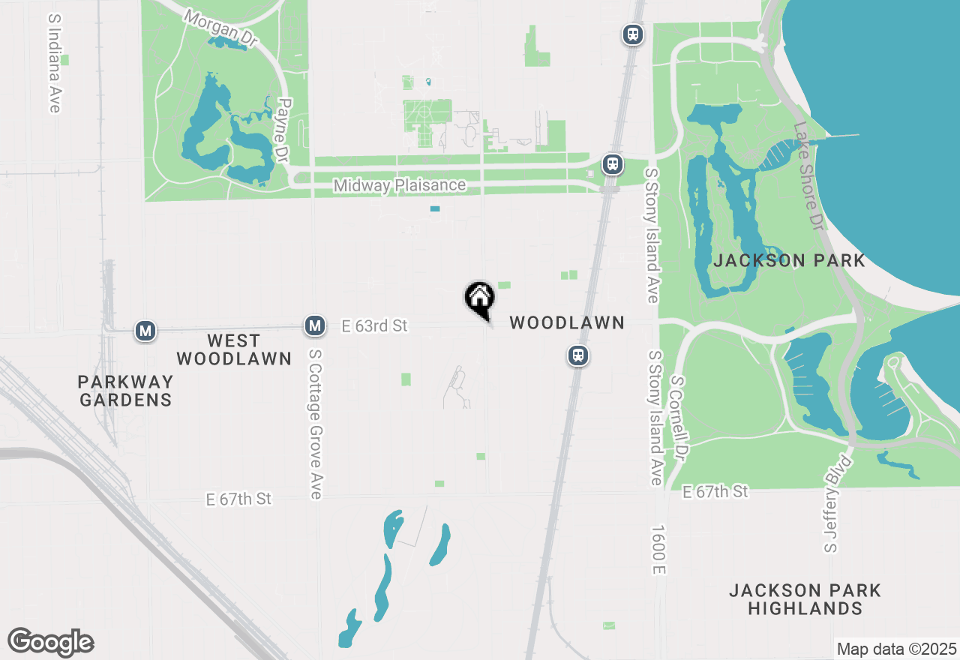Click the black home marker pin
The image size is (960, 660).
(x=480, y=298)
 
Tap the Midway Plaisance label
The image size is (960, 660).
(x=400, y=185)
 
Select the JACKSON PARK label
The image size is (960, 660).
(x=790, y=261)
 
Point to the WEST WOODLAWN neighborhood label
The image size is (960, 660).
(x=233, y=349)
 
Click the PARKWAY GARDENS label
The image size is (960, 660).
(x=125, y=391)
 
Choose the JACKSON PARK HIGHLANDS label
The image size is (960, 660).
(x=805, y=599)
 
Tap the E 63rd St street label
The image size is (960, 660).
(x=374, y=325)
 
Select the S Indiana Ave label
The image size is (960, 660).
(x=54, y=63)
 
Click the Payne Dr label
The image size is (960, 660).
(x=283, y=131)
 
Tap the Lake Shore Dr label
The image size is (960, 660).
(x=808, y=175)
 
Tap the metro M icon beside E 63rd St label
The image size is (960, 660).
(x=316, y=325)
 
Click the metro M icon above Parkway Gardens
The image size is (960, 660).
(x=145, y=330)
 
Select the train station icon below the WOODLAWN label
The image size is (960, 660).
(x=577, y=355)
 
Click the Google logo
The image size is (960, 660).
(x=50, y=642)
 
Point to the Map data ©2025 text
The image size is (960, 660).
(x=896, y=648)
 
